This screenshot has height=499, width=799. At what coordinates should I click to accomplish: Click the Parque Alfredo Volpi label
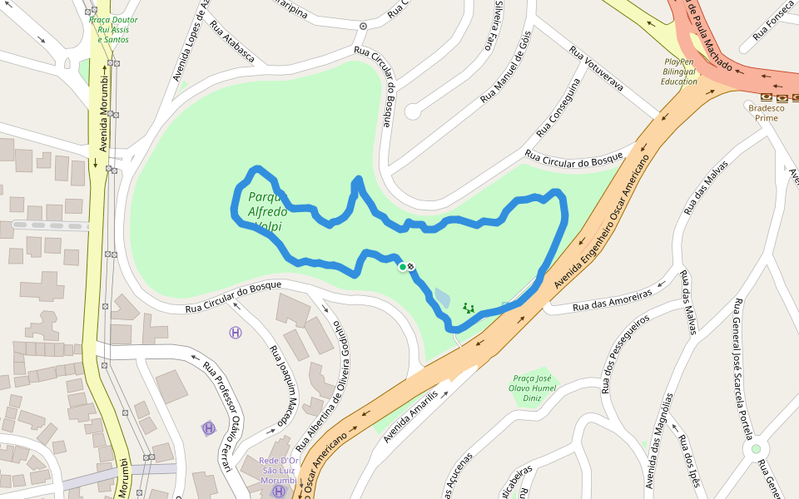click(267, 211)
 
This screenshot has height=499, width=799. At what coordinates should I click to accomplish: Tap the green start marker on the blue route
click(403, 266)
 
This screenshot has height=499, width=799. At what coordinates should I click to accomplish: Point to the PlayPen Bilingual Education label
click(679, 72)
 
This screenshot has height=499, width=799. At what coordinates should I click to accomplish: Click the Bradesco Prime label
click(762, 112)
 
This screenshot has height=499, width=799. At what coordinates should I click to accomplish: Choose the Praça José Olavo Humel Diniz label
click(532, 388)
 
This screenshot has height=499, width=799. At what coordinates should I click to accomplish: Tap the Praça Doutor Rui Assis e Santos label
click(113, 29)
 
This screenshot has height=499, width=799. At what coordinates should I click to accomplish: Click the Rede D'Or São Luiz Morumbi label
click(278, 471)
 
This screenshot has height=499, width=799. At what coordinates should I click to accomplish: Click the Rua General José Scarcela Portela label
click(743, 367)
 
